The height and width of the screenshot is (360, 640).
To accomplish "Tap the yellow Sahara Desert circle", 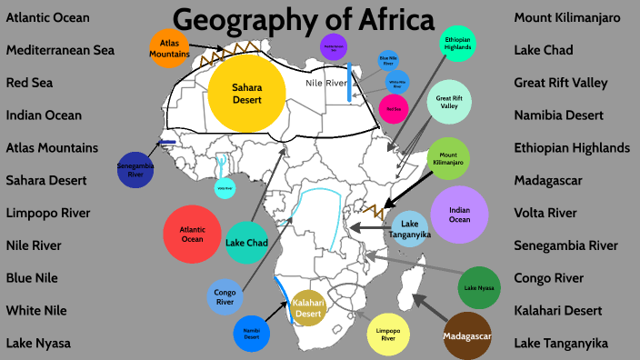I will pos(246,93).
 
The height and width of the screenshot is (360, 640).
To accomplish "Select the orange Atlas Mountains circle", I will pos(169,48).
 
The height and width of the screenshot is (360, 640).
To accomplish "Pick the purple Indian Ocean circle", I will pos(460,215).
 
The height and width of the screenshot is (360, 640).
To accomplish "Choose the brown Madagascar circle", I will pos(466,337).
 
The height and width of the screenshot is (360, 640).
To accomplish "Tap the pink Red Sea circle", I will pos(394,109).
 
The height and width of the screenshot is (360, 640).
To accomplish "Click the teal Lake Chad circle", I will pos(246,243).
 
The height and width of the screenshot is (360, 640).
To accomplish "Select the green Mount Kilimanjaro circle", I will pos(447,158).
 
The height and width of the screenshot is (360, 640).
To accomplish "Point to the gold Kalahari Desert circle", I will pos(308,307).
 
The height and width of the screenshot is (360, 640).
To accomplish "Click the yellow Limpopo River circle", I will pos(388,332).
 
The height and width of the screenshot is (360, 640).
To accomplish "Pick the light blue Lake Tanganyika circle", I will pos(411,229).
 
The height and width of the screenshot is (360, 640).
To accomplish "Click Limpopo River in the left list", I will pos(61,213).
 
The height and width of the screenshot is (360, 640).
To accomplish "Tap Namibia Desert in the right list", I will pos(570,115).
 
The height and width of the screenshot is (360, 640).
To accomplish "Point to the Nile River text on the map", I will pos(325,84).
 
